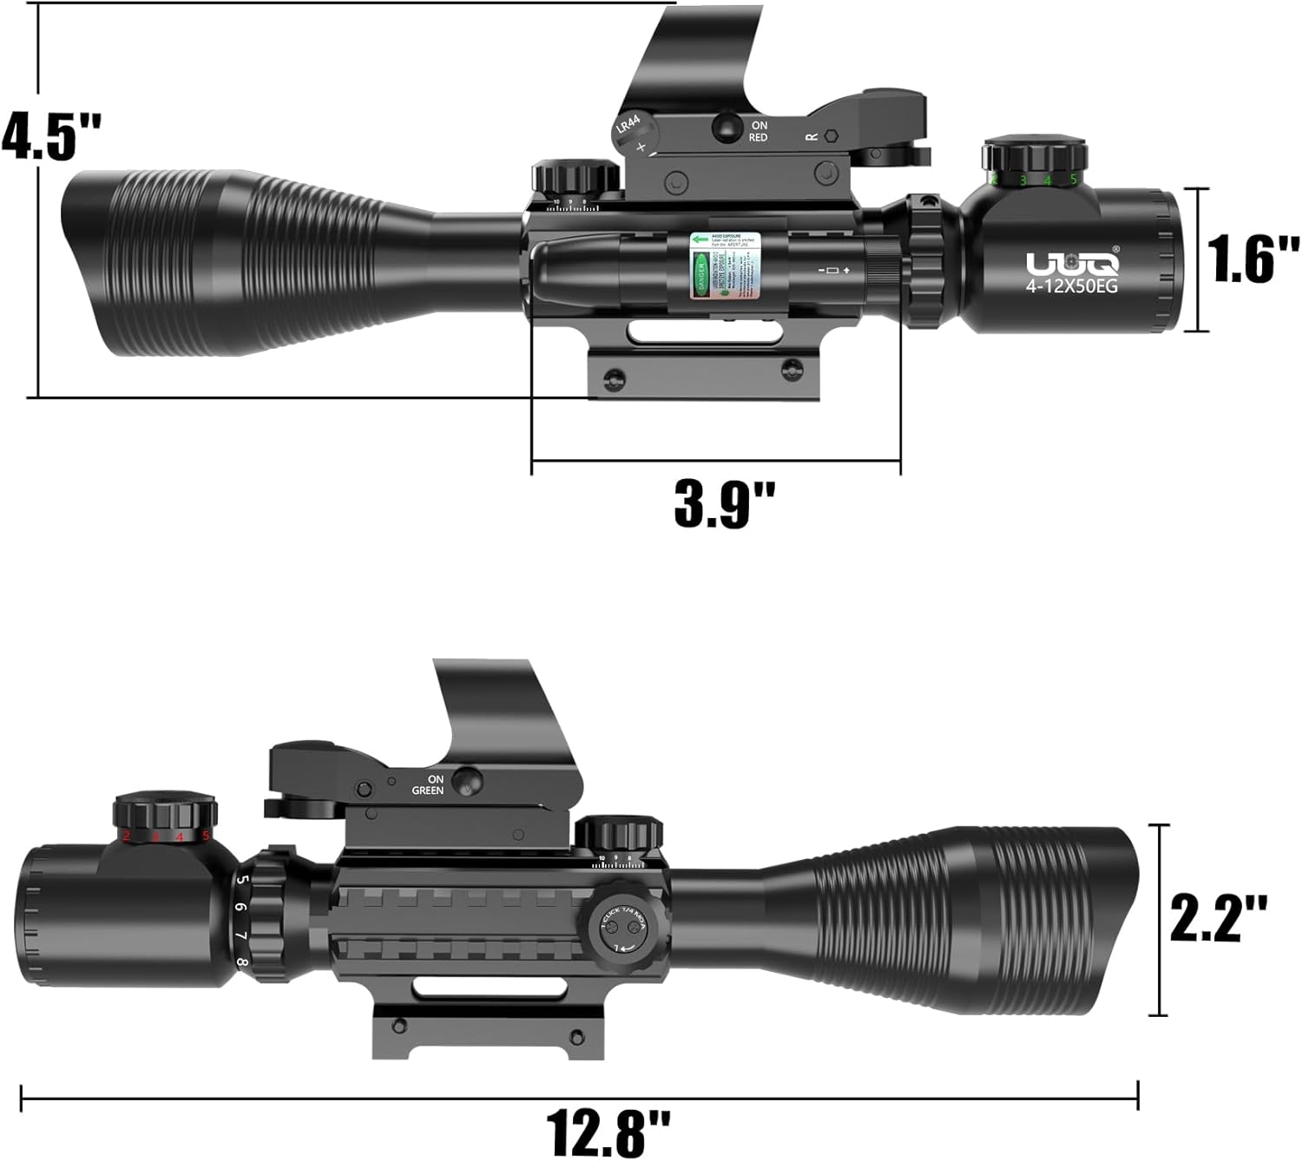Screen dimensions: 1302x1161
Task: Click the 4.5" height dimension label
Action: pos(52,136)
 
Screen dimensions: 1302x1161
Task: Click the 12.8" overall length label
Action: pos(608,1128)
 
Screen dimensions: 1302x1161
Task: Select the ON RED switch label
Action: pos(758,132)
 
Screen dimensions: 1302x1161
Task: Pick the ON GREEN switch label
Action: pos(428,784)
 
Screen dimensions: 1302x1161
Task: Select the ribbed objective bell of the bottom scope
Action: pos(981,920)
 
